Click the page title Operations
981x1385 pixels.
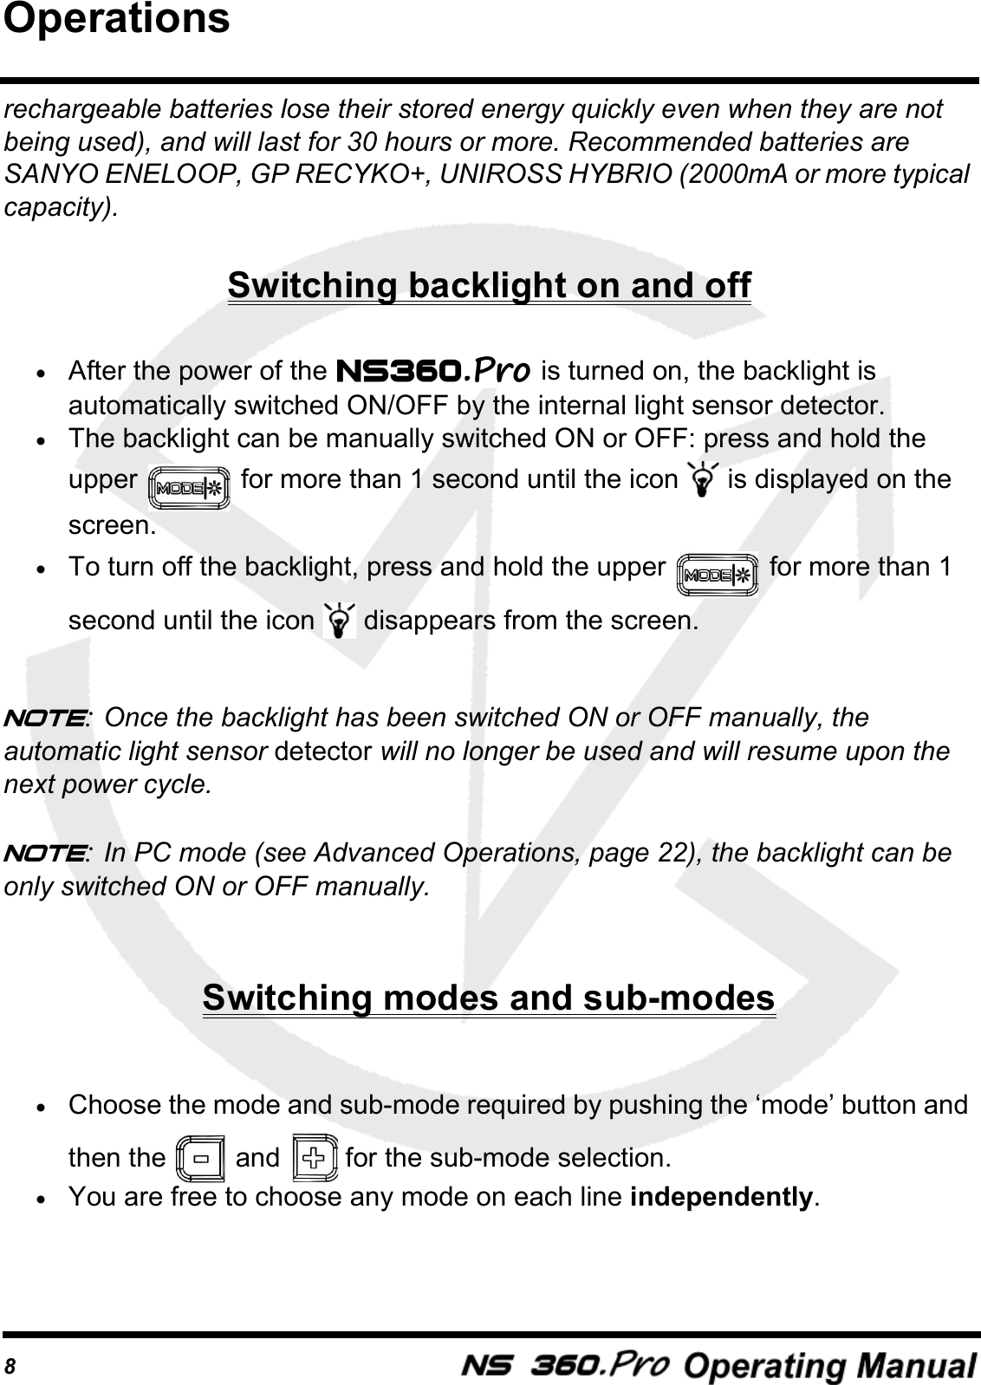(x=117, y=19)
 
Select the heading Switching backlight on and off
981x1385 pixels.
(x=489, y=285)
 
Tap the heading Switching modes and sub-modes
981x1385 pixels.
(x=489, y=998)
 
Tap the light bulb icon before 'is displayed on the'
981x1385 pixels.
(x=701, y=478)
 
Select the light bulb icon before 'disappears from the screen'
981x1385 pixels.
(x=339, y=621)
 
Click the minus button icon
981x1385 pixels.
(x=200, y=1158)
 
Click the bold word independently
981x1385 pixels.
(x=722, y=1198)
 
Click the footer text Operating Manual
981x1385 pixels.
(x=830, y=1367)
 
